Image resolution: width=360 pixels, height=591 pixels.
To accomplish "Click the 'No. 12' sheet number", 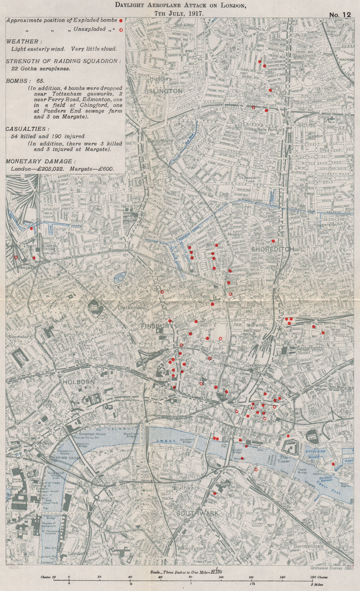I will tap(339, 14).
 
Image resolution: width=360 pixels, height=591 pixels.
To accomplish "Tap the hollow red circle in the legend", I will tap(121, 29).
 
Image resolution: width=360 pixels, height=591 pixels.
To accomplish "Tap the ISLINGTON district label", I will tap(165, 91).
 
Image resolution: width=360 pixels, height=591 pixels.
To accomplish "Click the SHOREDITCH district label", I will tap(272, 249).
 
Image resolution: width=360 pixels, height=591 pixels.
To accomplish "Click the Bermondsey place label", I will tap(308, 546).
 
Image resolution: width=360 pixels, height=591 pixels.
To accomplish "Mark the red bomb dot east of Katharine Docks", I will tap(333, 464).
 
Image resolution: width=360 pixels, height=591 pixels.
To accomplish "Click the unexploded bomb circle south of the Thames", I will tap(256, 469).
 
